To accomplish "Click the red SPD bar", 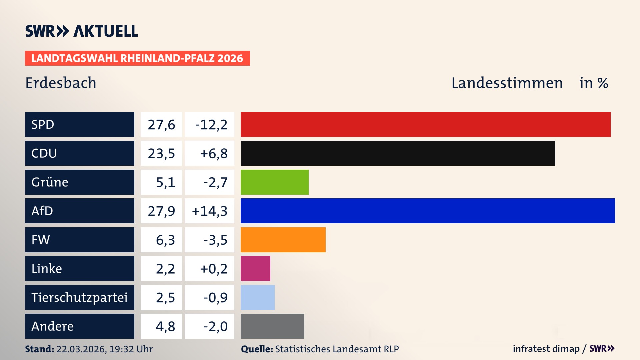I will pos(425,124).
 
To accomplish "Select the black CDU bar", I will pos(398,153).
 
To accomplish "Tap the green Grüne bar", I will pos(274,182).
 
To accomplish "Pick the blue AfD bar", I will pos(428,211).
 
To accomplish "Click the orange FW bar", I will pos(283,240).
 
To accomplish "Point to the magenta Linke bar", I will pos(255,268).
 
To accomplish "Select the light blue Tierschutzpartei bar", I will pos(257,297).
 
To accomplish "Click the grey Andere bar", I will pos(272,326).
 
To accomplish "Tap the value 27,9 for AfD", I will pos(161,211).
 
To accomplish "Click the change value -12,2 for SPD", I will pos(211,125).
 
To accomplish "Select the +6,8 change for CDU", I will pos(213,153).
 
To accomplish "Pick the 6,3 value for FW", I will pos(165,240).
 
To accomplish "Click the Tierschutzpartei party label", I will pos(79,297).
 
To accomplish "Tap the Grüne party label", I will pos(50,182).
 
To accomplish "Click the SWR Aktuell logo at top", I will pos(82,31).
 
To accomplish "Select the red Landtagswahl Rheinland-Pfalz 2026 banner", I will pos(137,58).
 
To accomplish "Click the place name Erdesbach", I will pos(61,83).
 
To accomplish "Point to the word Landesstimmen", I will pos(507,83).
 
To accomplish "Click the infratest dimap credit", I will pos(546,349).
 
